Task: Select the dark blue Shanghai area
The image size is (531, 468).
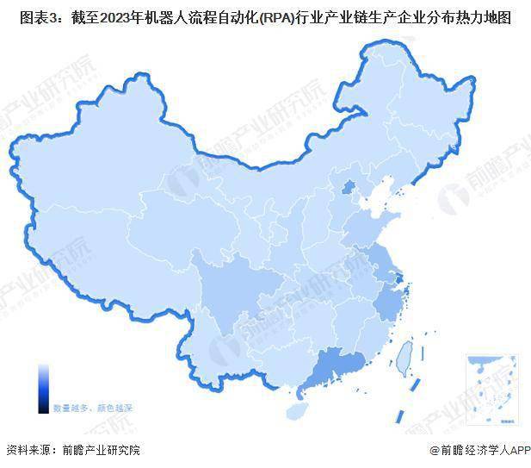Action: coord(402,278)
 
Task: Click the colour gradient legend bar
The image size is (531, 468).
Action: coord(43,387)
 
